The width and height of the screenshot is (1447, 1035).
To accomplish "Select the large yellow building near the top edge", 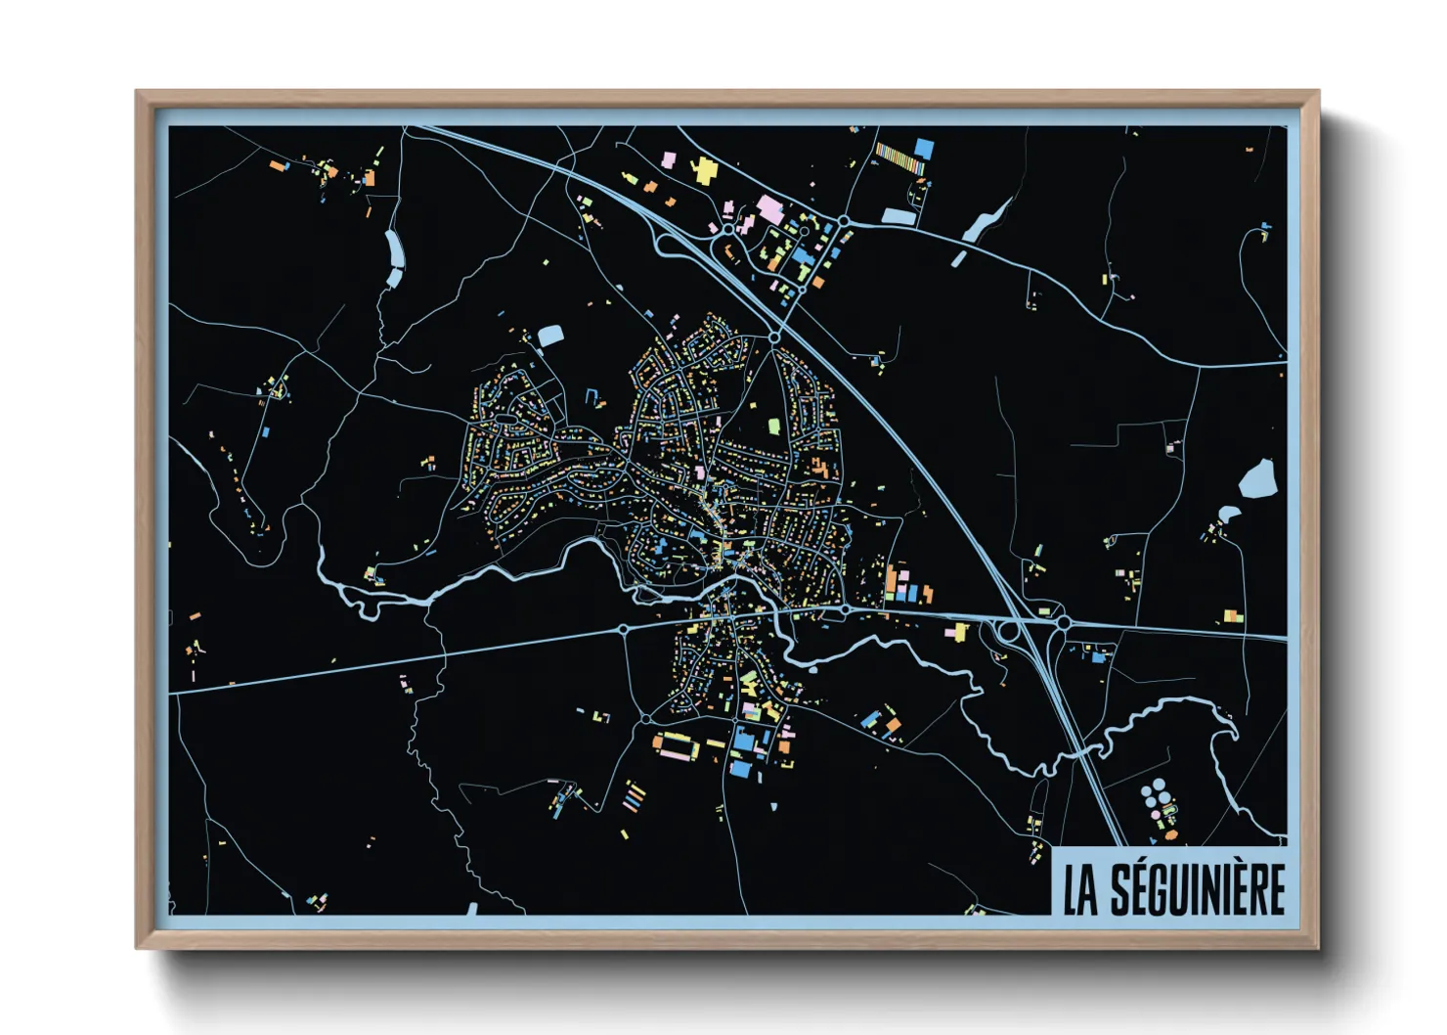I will point(704,170).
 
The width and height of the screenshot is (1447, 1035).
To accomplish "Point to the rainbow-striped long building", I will point(899,157).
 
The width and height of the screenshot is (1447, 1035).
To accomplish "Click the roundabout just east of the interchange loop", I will point(1063,622).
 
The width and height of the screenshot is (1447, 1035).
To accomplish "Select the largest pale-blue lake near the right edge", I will point(1257,479).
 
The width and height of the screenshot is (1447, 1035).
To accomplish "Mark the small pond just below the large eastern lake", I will point(1229,513).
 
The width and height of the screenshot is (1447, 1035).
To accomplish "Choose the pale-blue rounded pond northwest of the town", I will point(550,337).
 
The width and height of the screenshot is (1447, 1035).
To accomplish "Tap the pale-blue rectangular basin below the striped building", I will point(898,216).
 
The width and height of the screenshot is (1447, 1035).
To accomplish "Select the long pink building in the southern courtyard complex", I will point(675,754).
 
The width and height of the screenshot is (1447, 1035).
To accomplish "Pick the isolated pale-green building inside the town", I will point(774,426).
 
